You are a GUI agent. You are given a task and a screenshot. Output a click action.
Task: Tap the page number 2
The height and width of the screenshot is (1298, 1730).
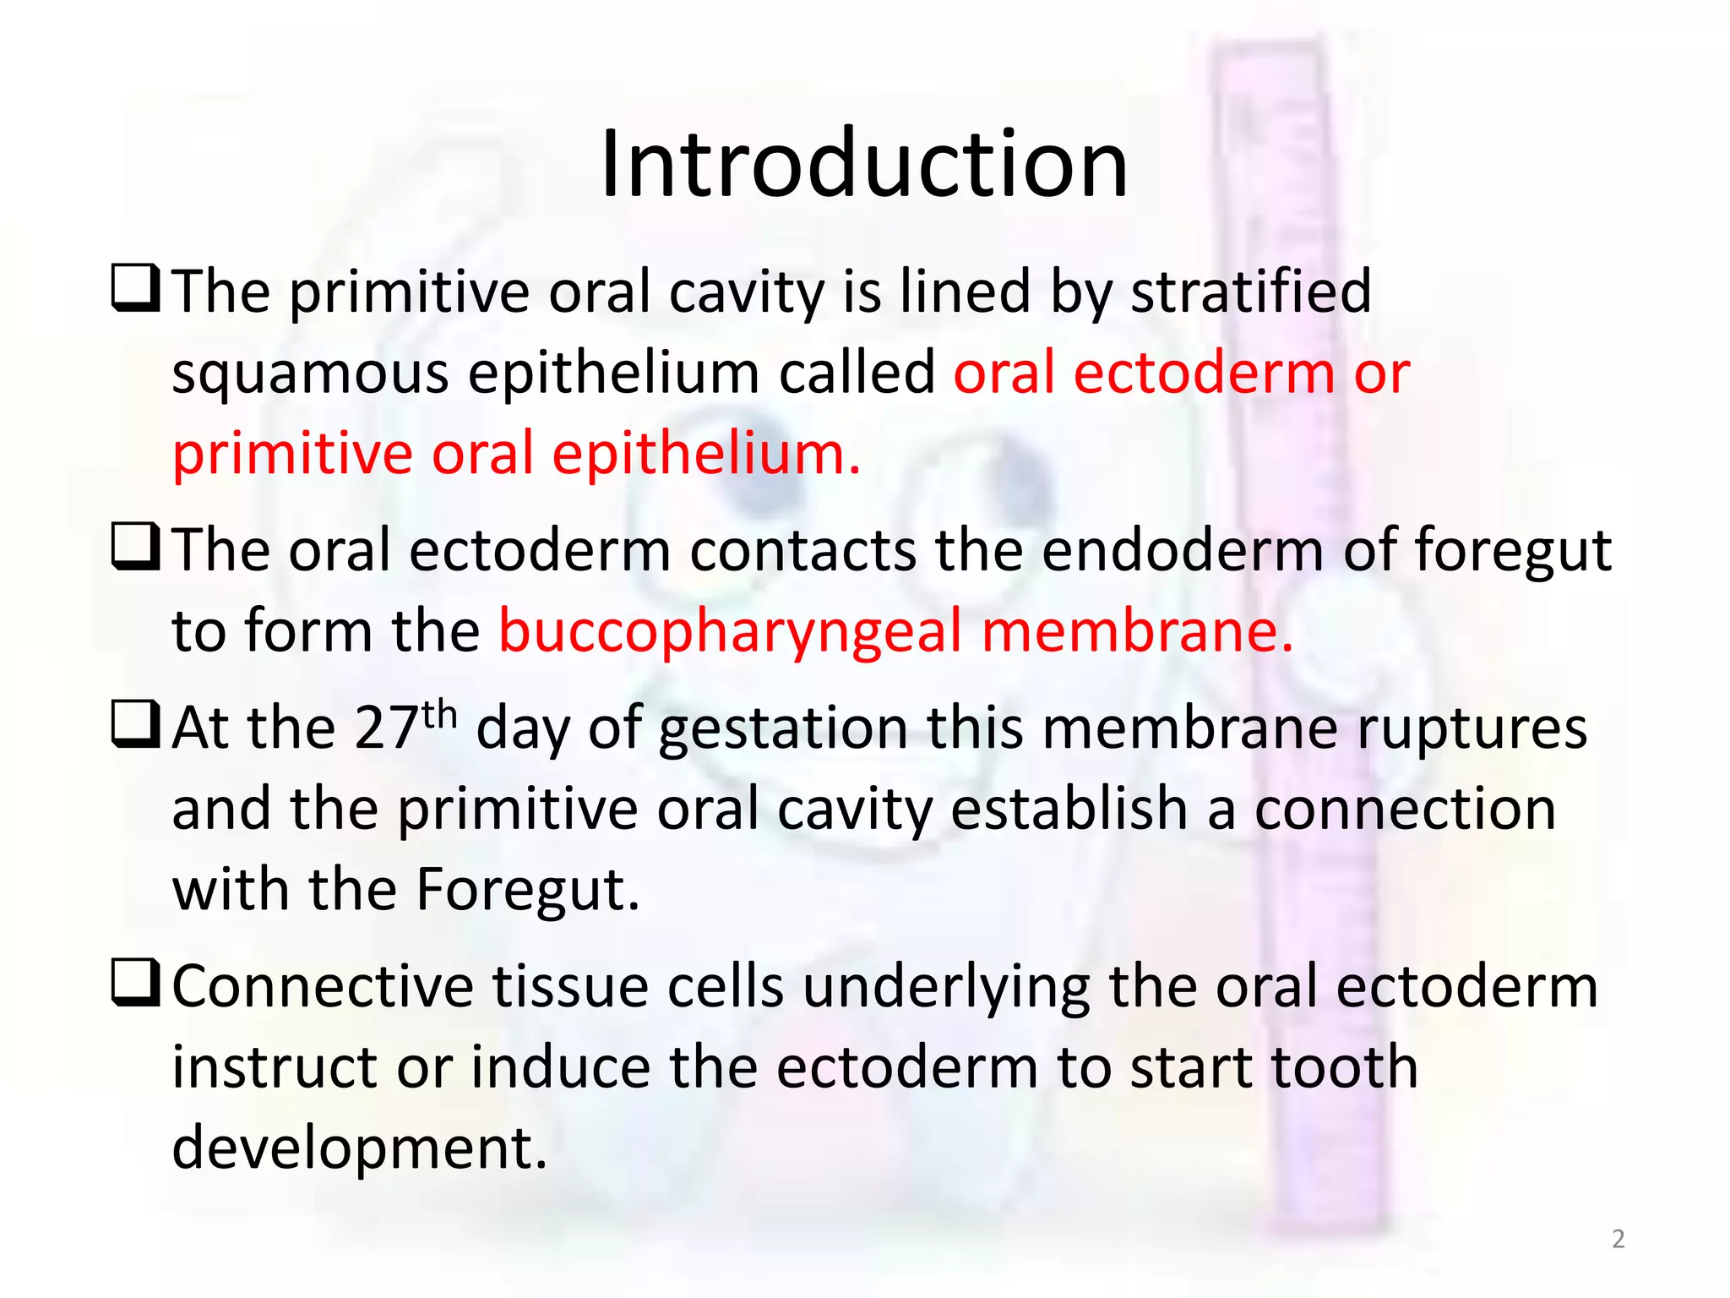[x=1618, y=1239]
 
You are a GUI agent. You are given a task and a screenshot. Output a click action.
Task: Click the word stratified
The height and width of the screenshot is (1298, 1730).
[x=1251, y=292]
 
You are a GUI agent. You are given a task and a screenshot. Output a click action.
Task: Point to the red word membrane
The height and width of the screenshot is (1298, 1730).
[x=1137, y=632]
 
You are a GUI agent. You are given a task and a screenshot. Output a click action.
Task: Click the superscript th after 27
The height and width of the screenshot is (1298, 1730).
[x=439, y=715]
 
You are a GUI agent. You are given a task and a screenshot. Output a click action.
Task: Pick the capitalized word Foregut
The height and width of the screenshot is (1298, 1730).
[x=527, y=890]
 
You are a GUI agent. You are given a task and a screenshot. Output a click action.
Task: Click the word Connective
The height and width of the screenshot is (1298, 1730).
[x=323, y=987]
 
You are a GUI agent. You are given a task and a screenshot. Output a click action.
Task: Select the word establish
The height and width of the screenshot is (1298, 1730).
[x=1069, y=809]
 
